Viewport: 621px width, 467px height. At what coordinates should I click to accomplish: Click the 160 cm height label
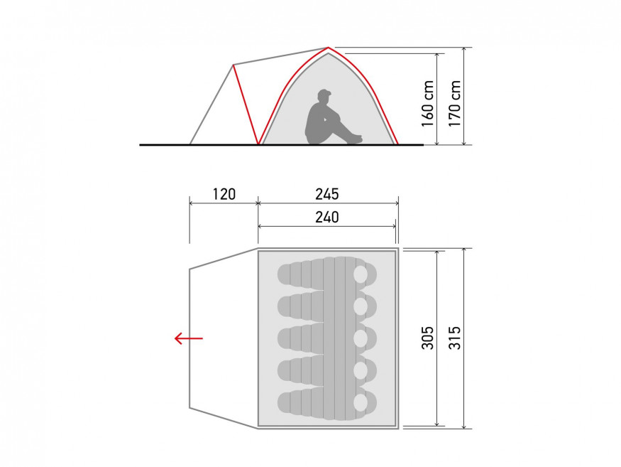(428, 104)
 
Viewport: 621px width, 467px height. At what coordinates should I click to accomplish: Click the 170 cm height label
(455, 104)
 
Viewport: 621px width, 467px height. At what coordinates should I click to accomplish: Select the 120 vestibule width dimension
(224, 194)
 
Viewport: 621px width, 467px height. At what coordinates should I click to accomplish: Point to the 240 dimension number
(327, 217)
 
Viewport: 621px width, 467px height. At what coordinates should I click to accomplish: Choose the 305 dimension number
(428, 338)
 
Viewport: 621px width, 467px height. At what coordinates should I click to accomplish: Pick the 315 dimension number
(455, 338)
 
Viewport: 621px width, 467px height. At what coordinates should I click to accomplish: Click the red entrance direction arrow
(189, 338)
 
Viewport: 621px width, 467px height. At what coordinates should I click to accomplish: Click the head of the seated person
(324, 97)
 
